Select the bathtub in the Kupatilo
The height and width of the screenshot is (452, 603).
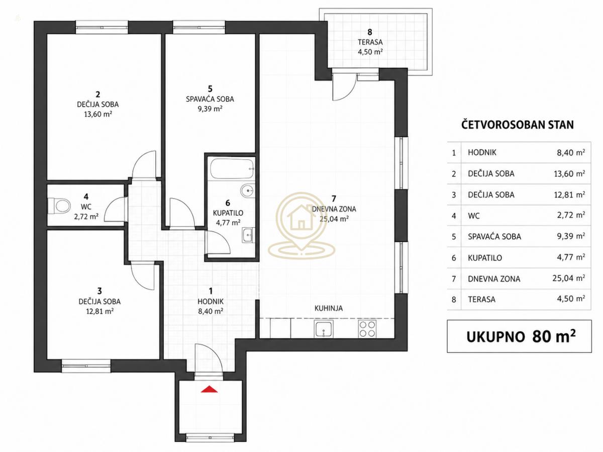(x=232, y=168)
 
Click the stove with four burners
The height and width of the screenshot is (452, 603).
(x=367, y=329)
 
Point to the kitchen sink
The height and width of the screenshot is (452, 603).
(x=324, y=329)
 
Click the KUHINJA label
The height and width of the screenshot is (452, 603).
(x=329, y=308)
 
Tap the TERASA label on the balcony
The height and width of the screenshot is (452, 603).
(x=370, y=42)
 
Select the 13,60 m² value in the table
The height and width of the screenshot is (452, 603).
(x=569, y=173)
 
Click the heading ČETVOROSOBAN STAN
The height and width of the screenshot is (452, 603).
(x=518, y=125)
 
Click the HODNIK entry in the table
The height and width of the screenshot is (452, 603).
(x=482, y=152)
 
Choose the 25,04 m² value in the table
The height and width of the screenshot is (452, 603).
(x=569, y=279)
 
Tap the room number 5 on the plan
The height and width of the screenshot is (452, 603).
(x=210, y=89)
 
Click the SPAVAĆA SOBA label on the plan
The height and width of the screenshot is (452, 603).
(x=210, y=99)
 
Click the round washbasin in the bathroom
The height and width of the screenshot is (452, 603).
(x=248, y=190)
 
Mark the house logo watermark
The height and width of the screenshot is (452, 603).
(x=301, y=225)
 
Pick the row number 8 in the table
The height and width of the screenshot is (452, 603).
(x=454, y=300)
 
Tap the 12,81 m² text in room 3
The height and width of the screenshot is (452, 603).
(x=99, y=311)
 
